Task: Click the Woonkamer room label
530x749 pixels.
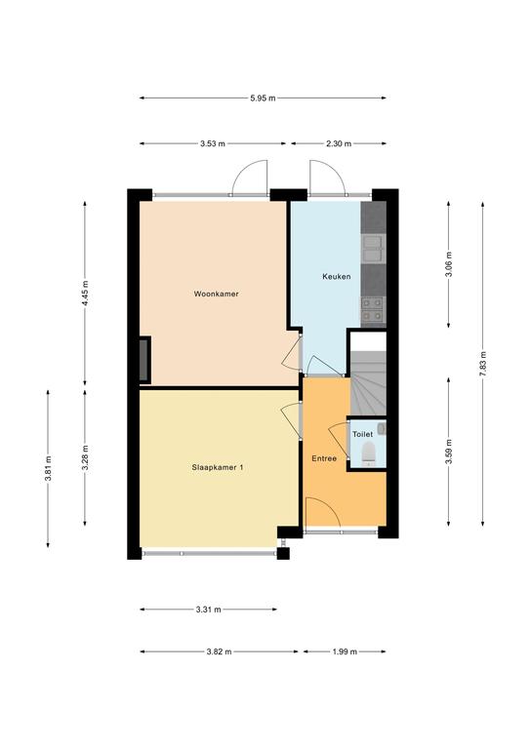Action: (216, 294)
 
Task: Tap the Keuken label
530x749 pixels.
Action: (337, 276)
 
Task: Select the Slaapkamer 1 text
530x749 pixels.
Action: (218, 467)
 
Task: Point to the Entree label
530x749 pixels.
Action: (324, 458)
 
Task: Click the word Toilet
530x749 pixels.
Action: (362, 434)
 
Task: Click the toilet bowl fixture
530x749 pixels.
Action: (369, 453)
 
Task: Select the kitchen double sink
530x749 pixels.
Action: (373, 249)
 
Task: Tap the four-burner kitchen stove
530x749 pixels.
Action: (373, 308)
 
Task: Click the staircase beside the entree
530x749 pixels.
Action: (369, 383)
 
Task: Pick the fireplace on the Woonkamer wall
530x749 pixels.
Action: (144, 360)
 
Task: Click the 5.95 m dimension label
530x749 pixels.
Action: (263, 98)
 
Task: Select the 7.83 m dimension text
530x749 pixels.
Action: (483, 364)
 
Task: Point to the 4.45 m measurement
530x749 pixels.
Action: (85, 293)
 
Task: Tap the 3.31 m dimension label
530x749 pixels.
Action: (208, 609)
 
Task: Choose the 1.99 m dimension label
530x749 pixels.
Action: (345, 651)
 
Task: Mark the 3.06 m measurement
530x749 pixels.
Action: (448, 263)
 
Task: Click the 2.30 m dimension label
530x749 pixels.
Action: (339, 143)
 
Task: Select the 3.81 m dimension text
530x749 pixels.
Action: (48, 469)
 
